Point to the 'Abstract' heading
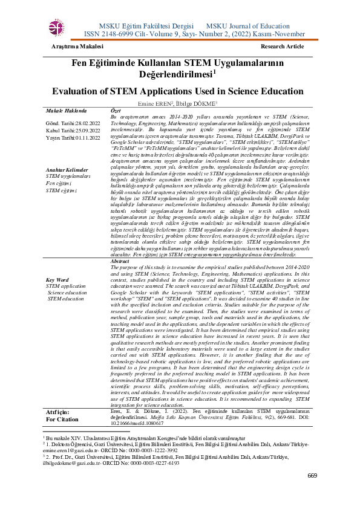[x=122, y=261]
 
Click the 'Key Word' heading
[x=58, y=280]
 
